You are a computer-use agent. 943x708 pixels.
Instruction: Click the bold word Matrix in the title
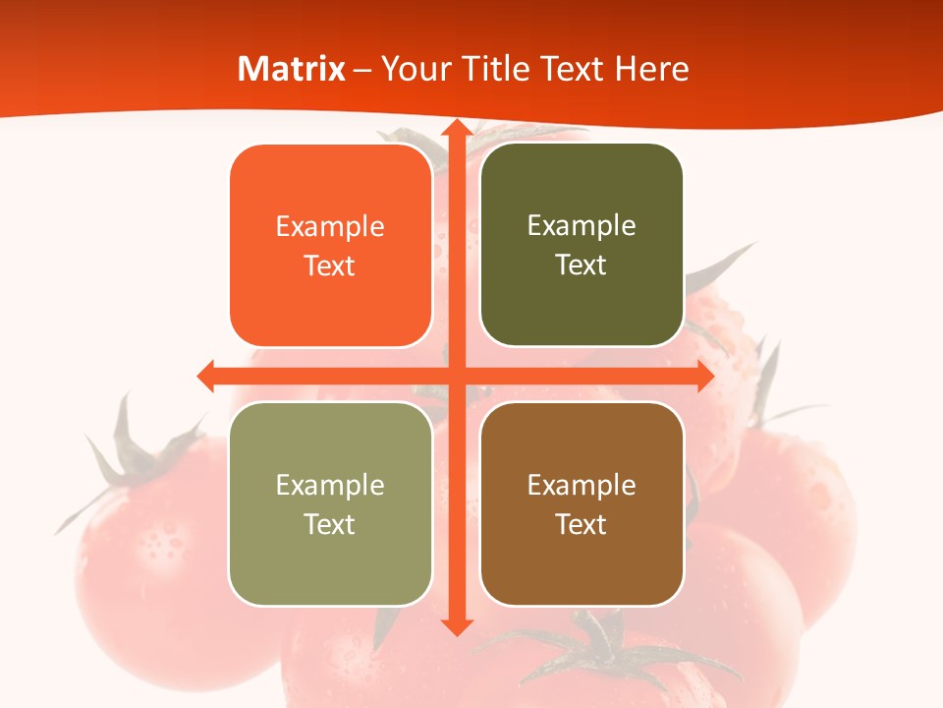point(292,69)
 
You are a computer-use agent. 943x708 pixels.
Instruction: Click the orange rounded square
point(330,246)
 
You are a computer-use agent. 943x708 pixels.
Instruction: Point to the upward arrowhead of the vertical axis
point(456,130)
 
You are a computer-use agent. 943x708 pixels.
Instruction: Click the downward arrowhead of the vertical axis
point(456,626)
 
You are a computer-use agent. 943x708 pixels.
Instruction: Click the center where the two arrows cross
point(456,376)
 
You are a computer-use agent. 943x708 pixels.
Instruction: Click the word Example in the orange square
point(330,227)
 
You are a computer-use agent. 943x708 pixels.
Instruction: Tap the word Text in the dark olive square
point(582,265)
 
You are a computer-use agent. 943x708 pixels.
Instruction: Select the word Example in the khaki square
point(330,486)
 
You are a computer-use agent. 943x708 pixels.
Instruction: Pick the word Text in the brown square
point(582,524)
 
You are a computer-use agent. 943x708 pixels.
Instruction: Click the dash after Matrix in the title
point(362,69)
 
